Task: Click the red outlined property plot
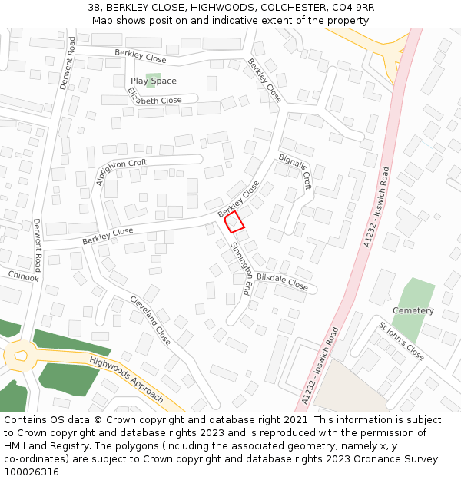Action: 235,222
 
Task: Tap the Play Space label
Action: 153,81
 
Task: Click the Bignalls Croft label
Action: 296,170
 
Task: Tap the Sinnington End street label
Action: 241,269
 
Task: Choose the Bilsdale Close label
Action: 282,282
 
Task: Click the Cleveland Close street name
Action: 150,319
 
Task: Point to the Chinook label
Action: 23,276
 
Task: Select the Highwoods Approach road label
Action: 126,379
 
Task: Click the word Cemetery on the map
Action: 413,310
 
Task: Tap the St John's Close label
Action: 401,341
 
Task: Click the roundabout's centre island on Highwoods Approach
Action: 20,356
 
